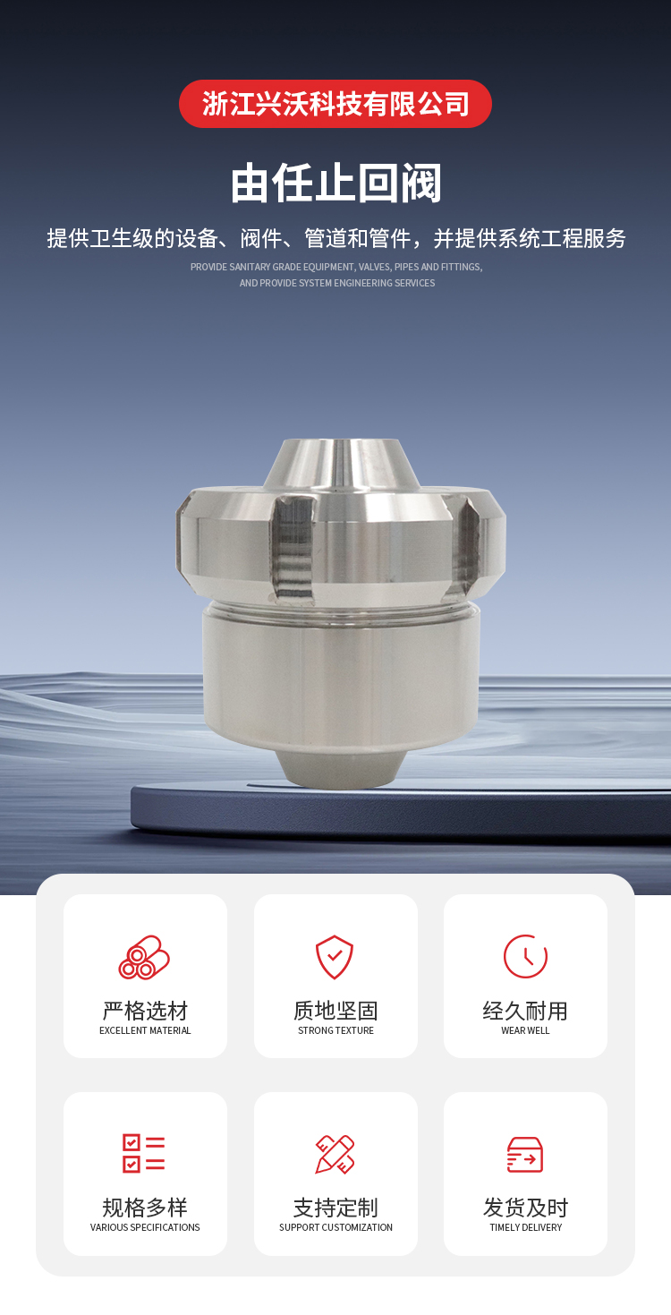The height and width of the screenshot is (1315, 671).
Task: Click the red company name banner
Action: pos(335,104)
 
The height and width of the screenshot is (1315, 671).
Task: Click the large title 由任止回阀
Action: pos(335,184)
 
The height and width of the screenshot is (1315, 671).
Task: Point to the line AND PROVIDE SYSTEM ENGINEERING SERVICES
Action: pos(336,283)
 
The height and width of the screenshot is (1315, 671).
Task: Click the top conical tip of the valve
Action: pos(342,464)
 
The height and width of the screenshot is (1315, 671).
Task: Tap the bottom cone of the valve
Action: pos(342,768)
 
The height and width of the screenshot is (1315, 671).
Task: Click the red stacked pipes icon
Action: pos(144,958)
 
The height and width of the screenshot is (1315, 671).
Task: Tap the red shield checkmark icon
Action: pos(335,957)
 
